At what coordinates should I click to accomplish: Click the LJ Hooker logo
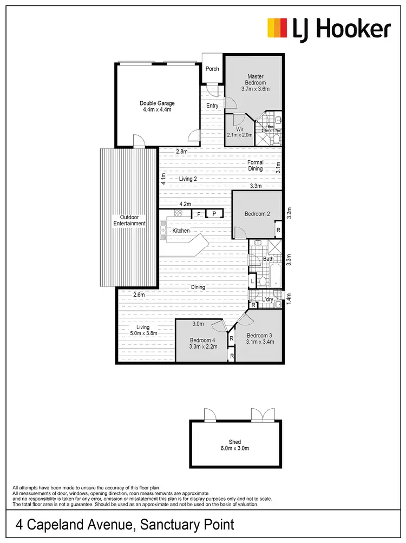[x=329, y=28]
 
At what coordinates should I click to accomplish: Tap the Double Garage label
[x=157, y=106]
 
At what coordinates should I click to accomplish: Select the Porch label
[x=212, y=69]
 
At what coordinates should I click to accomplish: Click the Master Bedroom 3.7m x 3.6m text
[x=255, y=82]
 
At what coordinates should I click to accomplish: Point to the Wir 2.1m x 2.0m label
[x=240, y=132]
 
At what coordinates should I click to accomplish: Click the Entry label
[x=212, y=106]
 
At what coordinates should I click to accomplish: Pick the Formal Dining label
[x=255, y=165]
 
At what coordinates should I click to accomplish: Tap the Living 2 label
[x=187, y=178]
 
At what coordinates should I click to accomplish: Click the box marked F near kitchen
[x=199, y=214]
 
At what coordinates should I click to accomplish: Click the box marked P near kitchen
[x=214, y=214]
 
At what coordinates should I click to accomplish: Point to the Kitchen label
[x=181, y=231]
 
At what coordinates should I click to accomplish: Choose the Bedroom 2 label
[x=257, y=214]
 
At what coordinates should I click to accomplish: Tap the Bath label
[x=268, y=259]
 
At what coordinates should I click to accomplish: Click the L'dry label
[x=267, y=299]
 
